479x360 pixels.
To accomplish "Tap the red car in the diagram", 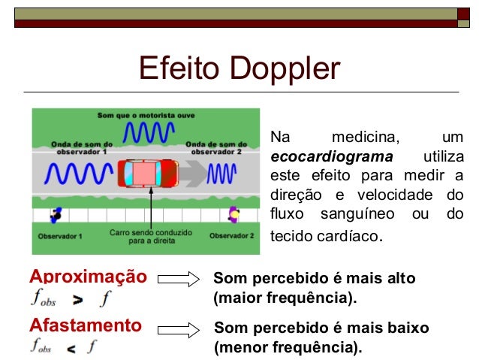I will tap(146, 174).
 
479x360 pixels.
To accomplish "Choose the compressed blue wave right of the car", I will tap(221, 174).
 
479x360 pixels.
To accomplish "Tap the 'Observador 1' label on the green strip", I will tap(60, 236).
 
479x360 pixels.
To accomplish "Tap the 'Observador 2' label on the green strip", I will tap(232, 236).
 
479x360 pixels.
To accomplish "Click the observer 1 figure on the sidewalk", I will tap(56, 216).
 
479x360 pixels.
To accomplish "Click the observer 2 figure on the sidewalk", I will tap(233, 215).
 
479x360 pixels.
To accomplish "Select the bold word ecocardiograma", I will tap(331, 157).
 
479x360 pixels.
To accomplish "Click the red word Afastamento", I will tap(85, 325).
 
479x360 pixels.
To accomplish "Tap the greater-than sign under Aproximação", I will tap(77, 301).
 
